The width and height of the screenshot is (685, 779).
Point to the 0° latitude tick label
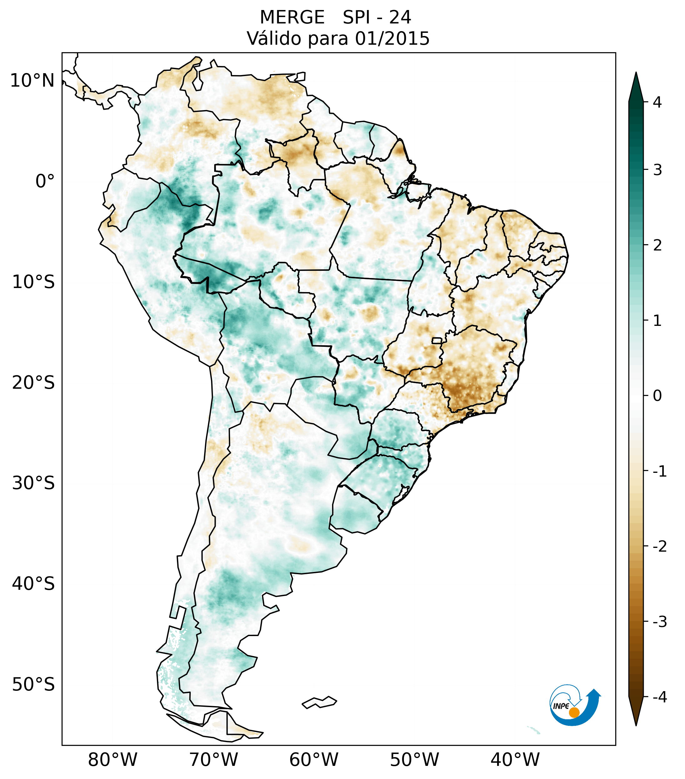click(x=45, y=181)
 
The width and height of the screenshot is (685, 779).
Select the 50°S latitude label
click(x=33, y=685)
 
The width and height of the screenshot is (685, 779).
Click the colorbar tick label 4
click(x=657, y=102)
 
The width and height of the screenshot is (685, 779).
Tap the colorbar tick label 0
click(x=657, y=396)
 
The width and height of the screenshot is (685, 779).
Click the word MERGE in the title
click(x=292, y=18)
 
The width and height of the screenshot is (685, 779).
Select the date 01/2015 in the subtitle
click(x=392, y=38)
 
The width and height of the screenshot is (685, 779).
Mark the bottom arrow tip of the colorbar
click(x=636, y=725)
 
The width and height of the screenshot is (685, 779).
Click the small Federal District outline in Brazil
click(x=437, y=340)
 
